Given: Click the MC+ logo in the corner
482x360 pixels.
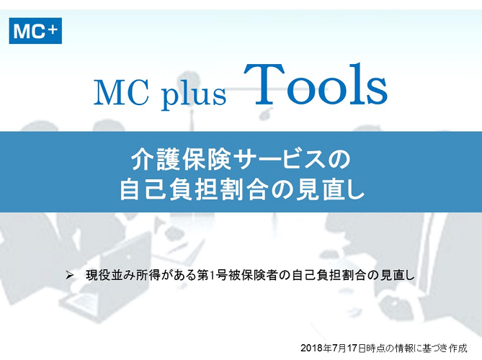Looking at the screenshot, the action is [x=35, y=31].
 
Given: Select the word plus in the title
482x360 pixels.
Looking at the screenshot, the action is [x=194, y=94].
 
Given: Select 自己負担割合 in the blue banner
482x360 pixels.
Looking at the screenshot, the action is [x=193, y=190].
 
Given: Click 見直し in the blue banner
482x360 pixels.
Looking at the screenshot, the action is [x=330, y=190].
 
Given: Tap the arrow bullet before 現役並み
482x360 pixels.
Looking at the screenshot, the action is [x=70, y=275].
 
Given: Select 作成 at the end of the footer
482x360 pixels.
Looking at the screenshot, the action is [x=458, y=348].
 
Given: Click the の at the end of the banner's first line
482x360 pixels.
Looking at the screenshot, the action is [x=339, y=160].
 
